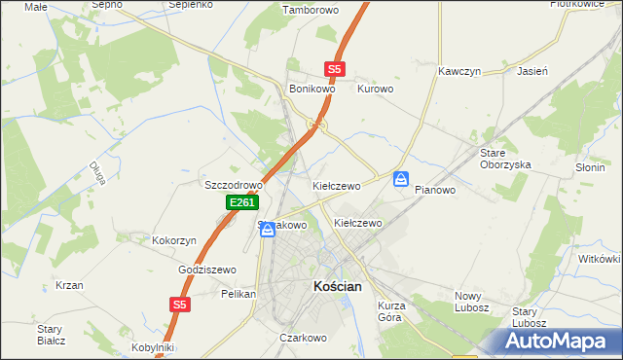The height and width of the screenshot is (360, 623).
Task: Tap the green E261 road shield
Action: [242, 202]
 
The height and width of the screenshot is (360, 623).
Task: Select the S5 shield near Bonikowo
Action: [335, 69]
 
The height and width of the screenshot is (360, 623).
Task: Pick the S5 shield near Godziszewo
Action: [178, 305]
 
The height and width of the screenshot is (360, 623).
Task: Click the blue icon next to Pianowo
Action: [401, 179]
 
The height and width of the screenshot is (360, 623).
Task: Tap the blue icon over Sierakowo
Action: [267, 230]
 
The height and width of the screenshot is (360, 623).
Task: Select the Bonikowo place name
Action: [312, 89]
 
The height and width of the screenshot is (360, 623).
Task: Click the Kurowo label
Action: [375, 89]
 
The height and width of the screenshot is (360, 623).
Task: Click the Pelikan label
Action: [238, 293]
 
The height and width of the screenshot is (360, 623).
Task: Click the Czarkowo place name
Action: [301, 338]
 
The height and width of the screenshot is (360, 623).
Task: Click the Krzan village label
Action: [68, 285]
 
